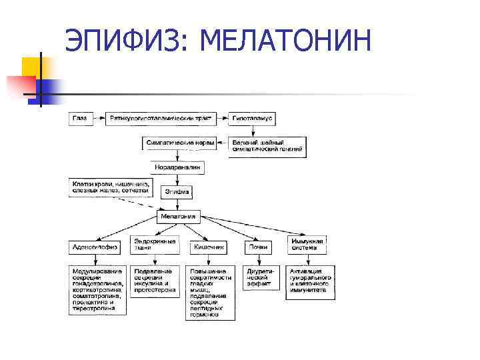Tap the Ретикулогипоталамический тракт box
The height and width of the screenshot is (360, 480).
161,119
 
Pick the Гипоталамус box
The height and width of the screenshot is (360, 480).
253,119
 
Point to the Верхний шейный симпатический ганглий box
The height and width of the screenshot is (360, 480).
267,147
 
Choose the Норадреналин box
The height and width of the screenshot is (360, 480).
177,167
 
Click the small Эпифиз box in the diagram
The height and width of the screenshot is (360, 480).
177,192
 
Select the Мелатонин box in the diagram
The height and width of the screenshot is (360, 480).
177,216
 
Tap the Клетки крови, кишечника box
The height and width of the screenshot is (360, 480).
112,187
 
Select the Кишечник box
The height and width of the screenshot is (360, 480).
209,247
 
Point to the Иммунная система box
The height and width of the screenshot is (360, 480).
307,244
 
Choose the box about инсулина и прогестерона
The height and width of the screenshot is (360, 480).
155,281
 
